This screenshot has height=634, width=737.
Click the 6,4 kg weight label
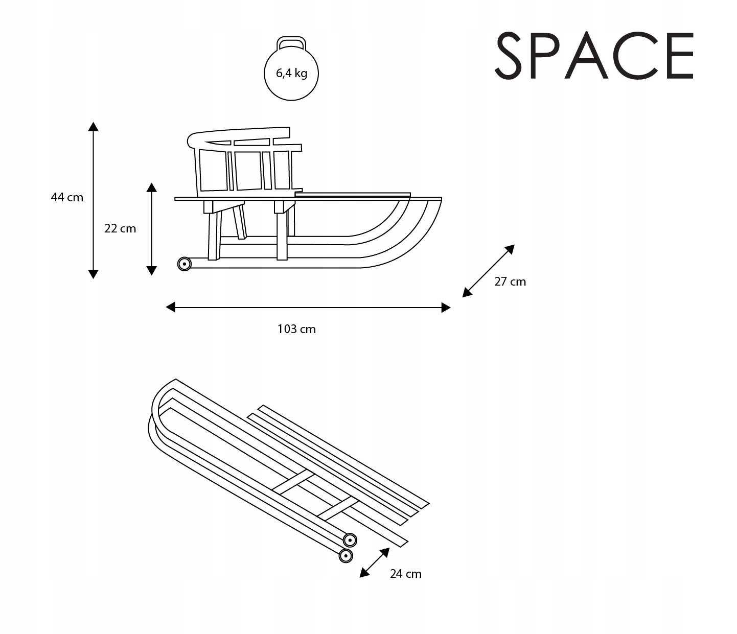point(291,73)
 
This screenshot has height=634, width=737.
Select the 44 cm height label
point(67,197)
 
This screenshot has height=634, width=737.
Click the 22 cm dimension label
point(120,228)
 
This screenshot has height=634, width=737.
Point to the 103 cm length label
point(296,329)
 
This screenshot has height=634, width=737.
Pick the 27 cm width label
point(510,281)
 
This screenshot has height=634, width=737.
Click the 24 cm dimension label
point(406,574)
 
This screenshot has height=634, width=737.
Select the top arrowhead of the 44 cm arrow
point(93,127)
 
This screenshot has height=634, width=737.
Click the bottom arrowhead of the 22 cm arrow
point(151,270)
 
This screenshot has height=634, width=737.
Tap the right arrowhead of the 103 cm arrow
point(446,308)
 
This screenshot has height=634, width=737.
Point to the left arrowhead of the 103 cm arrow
point(171,307)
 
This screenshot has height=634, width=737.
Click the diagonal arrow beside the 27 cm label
point(488,271)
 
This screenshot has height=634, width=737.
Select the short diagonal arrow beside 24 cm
point(375,562)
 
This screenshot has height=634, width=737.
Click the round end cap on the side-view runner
point(184,264)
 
